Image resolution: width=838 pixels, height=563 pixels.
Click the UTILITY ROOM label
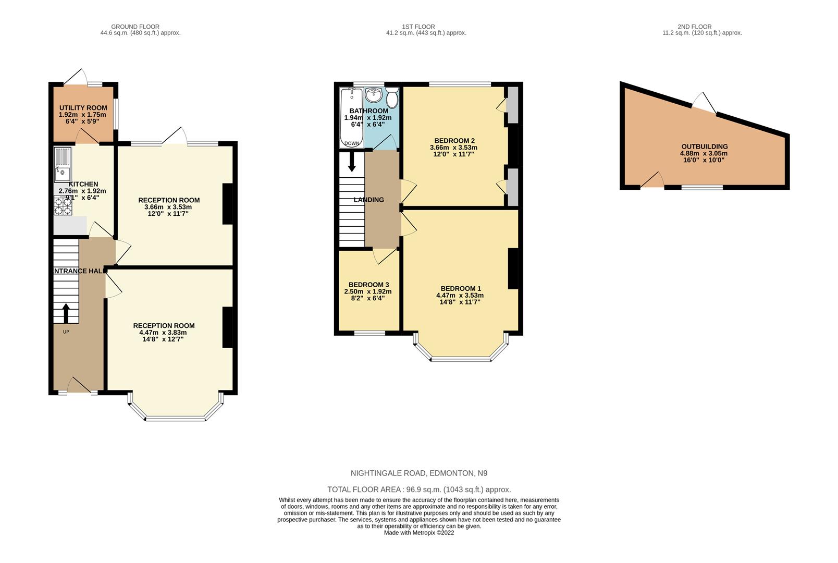[83, 108]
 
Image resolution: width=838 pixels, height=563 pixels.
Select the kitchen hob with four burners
[63, 205]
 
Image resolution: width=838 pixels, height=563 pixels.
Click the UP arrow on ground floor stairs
[66, 313]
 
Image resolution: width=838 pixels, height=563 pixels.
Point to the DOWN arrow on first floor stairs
[352, 161]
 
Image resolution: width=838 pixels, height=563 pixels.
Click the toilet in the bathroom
[392, 97]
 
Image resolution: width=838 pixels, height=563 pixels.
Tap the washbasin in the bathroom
[374, 95]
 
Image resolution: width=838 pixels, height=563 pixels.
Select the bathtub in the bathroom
[351, 117]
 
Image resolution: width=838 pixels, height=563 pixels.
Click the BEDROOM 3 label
[368, 285]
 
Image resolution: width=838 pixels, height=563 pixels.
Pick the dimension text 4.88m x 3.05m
[704, 153]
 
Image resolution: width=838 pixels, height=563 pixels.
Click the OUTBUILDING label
[704, 146]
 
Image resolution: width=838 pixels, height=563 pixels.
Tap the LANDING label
[368, 200]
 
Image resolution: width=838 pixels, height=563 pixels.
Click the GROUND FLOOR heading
[135, 27]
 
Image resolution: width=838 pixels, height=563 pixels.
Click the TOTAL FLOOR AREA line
[419, 489]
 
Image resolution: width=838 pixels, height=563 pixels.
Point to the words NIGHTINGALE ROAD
[388, 473]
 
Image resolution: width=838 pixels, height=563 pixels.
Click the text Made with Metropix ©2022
[419, 533]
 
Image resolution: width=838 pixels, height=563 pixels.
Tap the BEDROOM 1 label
[461, 288]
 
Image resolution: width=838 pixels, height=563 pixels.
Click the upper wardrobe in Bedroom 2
[513, 105]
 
